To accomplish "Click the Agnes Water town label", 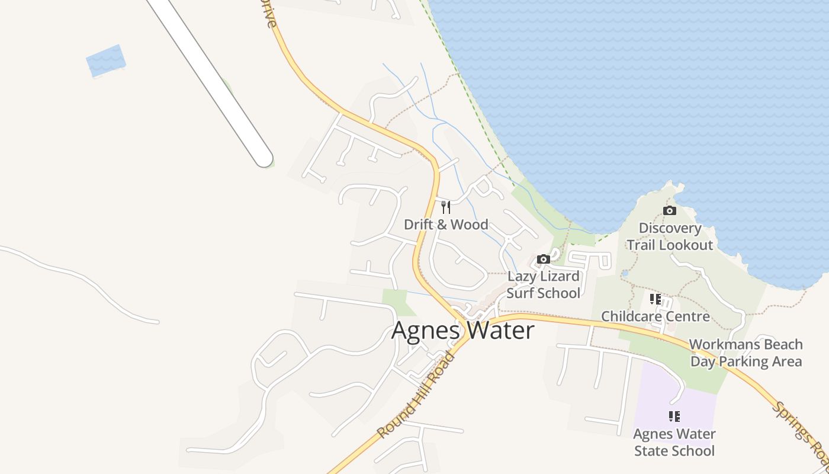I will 462,331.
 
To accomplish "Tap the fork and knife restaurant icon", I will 446,207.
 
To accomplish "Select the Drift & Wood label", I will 446,225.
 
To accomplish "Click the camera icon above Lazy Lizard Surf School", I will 543,259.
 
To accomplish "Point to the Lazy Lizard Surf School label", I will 544,284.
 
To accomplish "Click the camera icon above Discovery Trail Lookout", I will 670,210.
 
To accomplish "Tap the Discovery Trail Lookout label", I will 670,236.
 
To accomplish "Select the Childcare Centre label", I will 656,316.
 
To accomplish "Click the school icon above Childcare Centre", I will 655,299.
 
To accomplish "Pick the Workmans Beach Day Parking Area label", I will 746,353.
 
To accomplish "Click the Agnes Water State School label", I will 674,443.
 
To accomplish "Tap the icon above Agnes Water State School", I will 674,417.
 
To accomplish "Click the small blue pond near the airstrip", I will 106,60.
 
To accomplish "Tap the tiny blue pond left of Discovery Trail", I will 624,274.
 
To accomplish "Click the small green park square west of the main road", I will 396,302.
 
